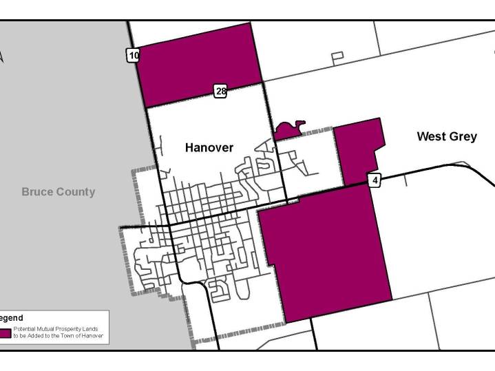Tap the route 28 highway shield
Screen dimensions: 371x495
point(220,91)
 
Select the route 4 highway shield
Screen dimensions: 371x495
point(375,180)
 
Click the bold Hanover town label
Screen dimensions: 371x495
point(209,147)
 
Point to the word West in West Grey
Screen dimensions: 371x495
point(432,136)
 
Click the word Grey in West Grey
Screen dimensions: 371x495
point(463,136)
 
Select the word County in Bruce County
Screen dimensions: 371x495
point(77,191)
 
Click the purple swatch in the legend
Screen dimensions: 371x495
point(5,333)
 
